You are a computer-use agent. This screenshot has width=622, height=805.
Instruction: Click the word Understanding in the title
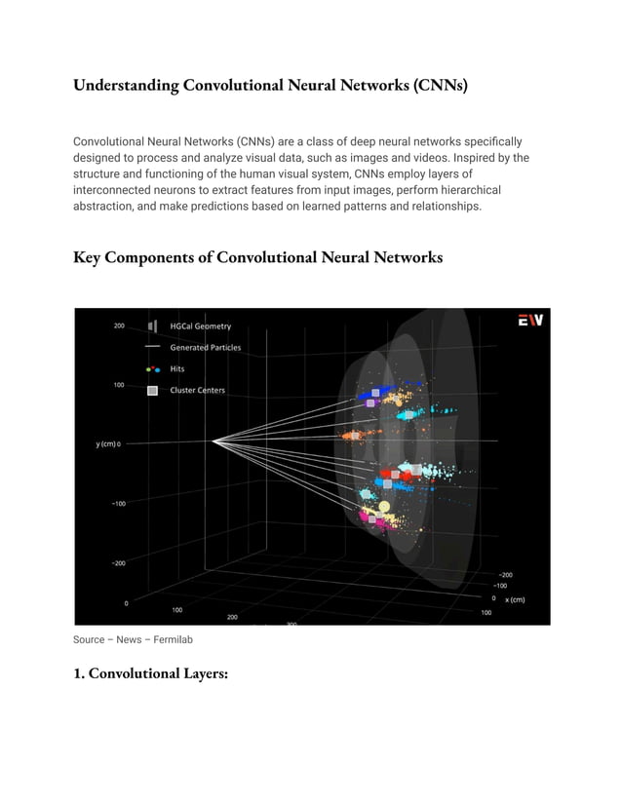[125, 86]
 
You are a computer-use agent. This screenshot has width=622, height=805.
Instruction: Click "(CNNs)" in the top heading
[440, 86]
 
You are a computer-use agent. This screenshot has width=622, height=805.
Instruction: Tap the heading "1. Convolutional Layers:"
[150, 673]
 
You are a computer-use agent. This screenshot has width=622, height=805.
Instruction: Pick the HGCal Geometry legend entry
[200, 326]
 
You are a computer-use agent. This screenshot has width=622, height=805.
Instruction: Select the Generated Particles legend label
[205, 348]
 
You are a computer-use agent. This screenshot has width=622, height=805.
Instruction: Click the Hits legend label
[177, 369]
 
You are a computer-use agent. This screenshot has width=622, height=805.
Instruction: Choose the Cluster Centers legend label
[197, 391]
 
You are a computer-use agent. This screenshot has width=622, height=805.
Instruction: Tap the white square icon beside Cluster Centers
[151, 391]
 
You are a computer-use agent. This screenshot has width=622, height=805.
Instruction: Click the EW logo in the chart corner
[530, 321]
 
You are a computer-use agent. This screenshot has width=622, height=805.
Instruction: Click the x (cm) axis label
[514, 599]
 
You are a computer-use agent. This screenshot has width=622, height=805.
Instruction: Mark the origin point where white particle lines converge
[214, 441]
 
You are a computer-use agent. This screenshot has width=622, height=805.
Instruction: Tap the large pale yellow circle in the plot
[384, 507]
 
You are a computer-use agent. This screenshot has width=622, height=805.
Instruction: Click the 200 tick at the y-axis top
[118, 326]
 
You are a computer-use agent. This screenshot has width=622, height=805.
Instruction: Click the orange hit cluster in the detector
[351, 434]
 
